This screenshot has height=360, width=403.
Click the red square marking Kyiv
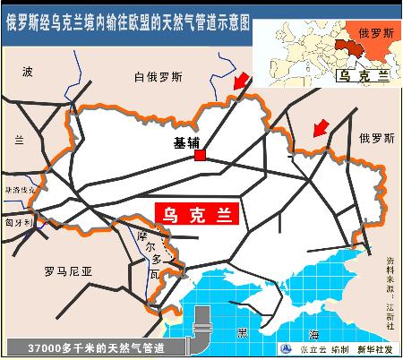200,157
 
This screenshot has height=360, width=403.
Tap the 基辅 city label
188,141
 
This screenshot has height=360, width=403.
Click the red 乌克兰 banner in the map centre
199,214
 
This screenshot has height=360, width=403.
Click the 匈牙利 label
18,222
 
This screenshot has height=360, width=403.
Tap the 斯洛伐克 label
21,191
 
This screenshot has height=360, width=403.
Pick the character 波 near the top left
27,71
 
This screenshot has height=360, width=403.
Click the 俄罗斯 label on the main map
376,138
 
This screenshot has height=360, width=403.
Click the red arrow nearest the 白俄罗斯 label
239,83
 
